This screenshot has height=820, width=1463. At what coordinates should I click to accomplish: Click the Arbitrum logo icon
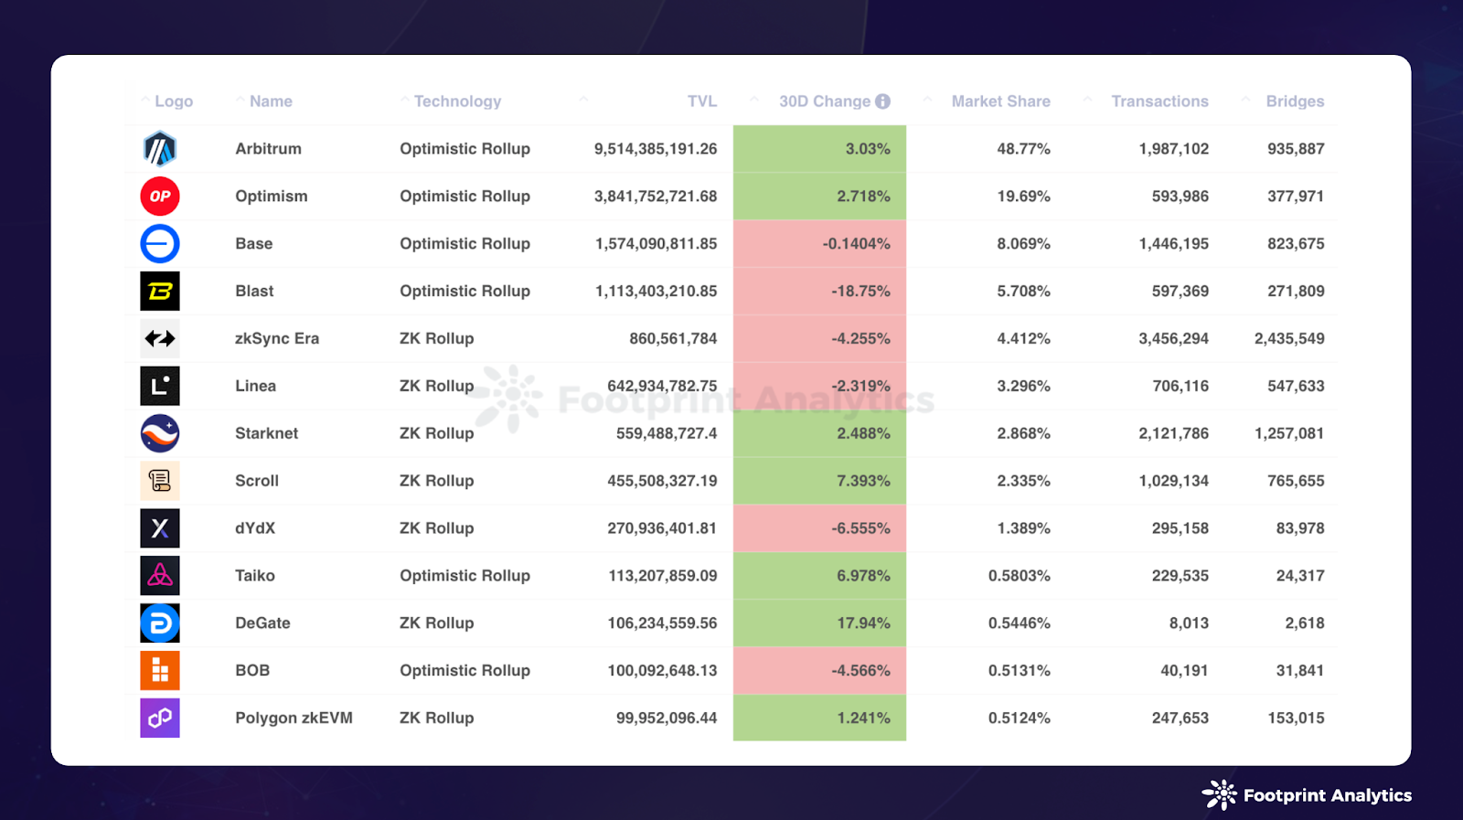[160, 149]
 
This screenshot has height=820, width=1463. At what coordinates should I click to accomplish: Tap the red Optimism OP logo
[160, 197]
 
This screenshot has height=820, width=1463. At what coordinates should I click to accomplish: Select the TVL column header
[701, 101]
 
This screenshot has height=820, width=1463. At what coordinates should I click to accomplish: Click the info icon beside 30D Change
[882, 101]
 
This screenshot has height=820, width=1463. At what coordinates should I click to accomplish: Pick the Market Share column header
[1000, 101]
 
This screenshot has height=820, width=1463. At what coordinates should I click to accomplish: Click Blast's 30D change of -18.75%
[860, 292]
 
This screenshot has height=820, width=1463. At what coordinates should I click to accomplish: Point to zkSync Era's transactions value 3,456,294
[1173, 339]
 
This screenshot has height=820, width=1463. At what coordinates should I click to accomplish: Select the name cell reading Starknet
[266, 433]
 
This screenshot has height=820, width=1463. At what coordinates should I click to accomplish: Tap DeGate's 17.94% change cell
[863, 623]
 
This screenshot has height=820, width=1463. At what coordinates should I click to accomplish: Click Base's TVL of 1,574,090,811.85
[656, 244]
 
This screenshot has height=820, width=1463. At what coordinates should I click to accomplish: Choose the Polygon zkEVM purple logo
[160, 719]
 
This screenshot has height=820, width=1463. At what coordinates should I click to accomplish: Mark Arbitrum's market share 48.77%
[1023, 149]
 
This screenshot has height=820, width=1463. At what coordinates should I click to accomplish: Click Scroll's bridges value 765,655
[1295, 481]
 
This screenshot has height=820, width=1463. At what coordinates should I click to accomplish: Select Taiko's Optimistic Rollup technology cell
[465, 576]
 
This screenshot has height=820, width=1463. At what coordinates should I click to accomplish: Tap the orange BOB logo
[160, 671]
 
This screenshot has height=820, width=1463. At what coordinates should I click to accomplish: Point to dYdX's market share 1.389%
[1023, 528]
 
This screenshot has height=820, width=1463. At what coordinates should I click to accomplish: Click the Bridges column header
[1295, 101]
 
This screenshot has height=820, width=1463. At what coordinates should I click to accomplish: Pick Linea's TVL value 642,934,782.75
[662, 387]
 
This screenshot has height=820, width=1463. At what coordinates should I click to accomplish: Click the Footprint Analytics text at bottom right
[1327, 795]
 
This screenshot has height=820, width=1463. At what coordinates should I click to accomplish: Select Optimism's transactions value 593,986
[1180, 197]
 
